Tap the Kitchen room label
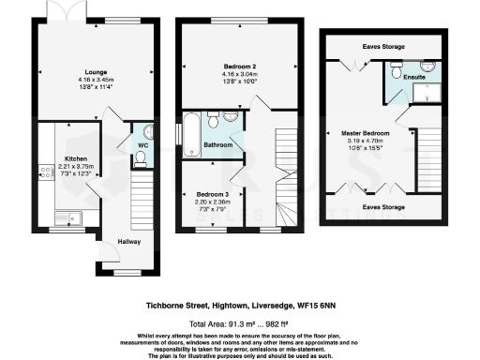coord(76,158)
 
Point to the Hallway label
coord(128,241)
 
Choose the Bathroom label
coord(218,145)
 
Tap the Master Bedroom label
coord(392,133)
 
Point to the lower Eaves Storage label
coord(385,205)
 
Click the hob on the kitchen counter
coord(43,172)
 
